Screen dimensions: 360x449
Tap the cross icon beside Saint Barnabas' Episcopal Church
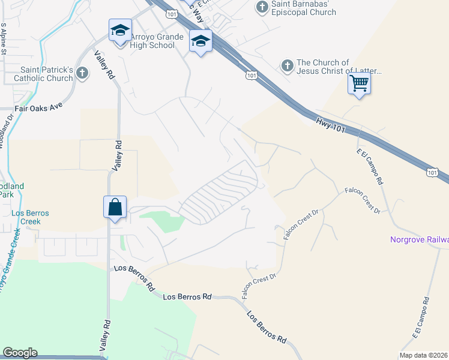click(262, 7)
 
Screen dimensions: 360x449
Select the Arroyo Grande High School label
click(152, 41)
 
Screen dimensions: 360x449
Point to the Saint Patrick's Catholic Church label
click(43, 74)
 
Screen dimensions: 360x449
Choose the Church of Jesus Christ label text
click(339, 67)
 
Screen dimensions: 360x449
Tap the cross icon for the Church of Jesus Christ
click(287, 65)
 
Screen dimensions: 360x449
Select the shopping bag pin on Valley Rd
click(115, 207)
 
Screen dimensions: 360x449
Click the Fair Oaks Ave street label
click(39, 110)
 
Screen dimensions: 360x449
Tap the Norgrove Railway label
click(419, 240)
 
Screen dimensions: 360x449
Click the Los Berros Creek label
click(29, 217)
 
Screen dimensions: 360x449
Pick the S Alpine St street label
click(4, 40)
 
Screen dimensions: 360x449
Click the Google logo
click(20, 353)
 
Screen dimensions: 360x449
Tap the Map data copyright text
click(424, 355)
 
